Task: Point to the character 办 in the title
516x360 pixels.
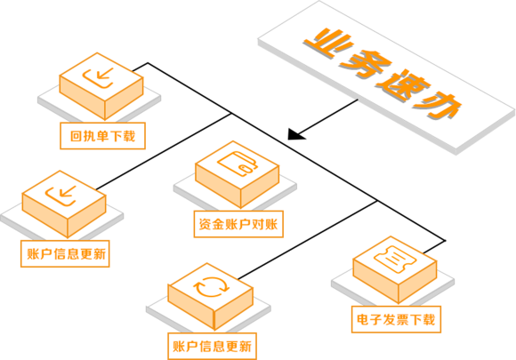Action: pos(438,106)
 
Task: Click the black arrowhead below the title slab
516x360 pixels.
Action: pos(295,135)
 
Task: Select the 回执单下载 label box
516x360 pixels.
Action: pos(102,136)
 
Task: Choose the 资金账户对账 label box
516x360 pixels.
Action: pos(238,224)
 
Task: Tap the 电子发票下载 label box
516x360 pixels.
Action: pos(396,319)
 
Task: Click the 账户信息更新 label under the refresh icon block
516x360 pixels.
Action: pos(213,346)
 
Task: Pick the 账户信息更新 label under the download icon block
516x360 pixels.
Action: pos(65,254)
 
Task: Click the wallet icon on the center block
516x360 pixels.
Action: pos(238,164)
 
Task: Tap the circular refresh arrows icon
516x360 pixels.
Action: pos(211,287)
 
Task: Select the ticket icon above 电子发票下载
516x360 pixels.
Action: pos(395,260)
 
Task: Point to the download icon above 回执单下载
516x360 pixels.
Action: pos(98,78)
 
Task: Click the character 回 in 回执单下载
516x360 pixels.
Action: pos(76,136)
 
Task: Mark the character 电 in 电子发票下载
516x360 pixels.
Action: pos(363,320)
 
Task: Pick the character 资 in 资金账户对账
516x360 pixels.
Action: pos(206,224)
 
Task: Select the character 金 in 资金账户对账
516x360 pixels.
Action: pos(219,224)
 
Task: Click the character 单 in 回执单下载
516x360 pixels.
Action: pos(102,136)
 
